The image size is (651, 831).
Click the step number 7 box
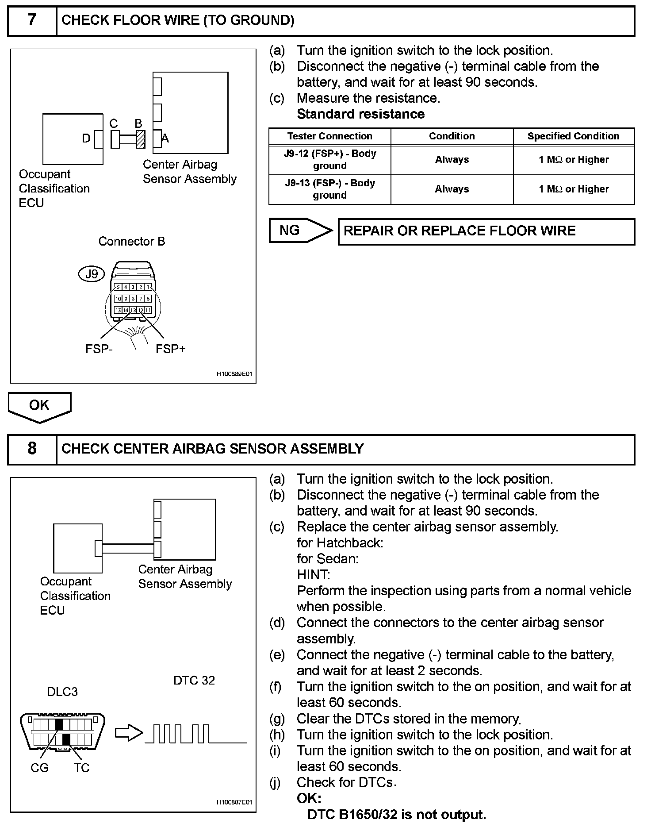click(32, 20)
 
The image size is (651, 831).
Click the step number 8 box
click(32, 449)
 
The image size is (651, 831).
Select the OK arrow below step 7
click(39, 406)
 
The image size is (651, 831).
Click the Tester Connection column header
click(329, 136)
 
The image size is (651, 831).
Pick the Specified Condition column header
click(574, 136)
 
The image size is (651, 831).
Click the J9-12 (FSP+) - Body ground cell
click(329, 160)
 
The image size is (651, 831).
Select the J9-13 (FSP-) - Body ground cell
click(329, 189)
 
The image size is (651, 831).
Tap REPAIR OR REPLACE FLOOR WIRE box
click(486, 231)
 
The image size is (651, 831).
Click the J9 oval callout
click(91, 274)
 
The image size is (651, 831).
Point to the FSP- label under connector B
click(99, 349)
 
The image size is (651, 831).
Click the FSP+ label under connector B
click(170, 349)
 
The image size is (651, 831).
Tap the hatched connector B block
click(141, 139)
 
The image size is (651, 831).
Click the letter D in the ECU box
click(86, 139)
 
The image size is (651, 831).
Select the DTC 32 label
click(194, 680)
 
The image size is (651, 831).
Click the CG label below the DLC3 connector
click(39, 768)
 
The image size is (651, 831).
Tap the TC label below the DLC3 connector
click(82, 768)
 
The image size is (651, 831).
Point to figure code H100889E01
click(234, 374)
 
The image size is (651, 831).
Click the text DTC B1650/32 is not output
click(397, 815)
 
